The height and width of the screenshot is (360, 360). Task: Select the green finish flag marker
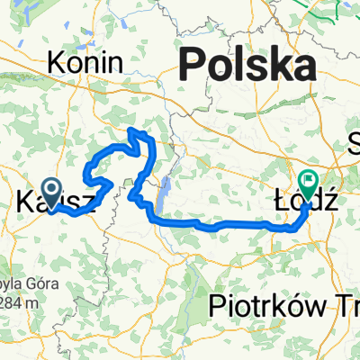click(309, 185)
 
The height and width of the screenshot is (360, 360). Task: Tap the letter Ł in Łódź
click(280, 200)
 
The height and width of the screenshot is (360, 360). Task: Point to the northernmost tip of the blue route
click(136, 130)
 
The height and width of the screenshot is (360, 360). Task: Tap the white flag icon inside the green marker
click(309, 182)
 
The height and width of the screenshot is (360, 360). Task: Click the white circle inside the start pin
click(49, 189)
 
